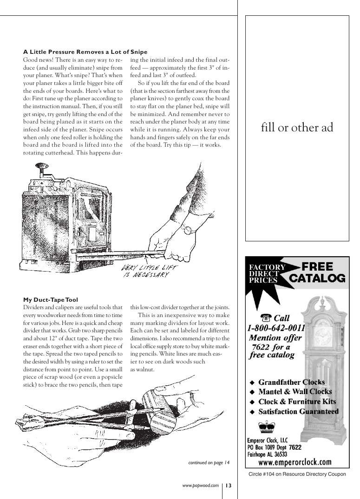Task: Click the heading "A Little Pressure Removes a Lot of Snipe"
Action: click(x=85, y=52)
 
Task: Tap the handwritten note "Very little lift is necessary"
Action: click(x=145, y=270)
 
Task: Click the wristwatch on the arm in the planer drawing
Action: click(x=187, y=229)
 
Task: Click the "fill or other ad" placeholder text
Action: click(x=297, y=128)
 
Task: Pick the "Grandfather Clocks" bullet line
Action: click(x=291, y=382)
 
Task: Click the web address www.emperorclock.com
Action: click(x=295, y=462)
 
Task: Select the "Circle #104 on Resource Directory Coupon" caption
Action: click(x=297, y=474)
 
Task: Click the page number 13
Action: click(x=229, y=486)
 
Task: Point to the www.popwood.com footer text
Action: click(x=200, y=486)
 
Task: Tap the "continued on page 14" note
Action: click(x=209, y=462)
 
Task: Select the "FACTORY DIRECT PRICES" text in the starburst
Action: click(x=267, y=273)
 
